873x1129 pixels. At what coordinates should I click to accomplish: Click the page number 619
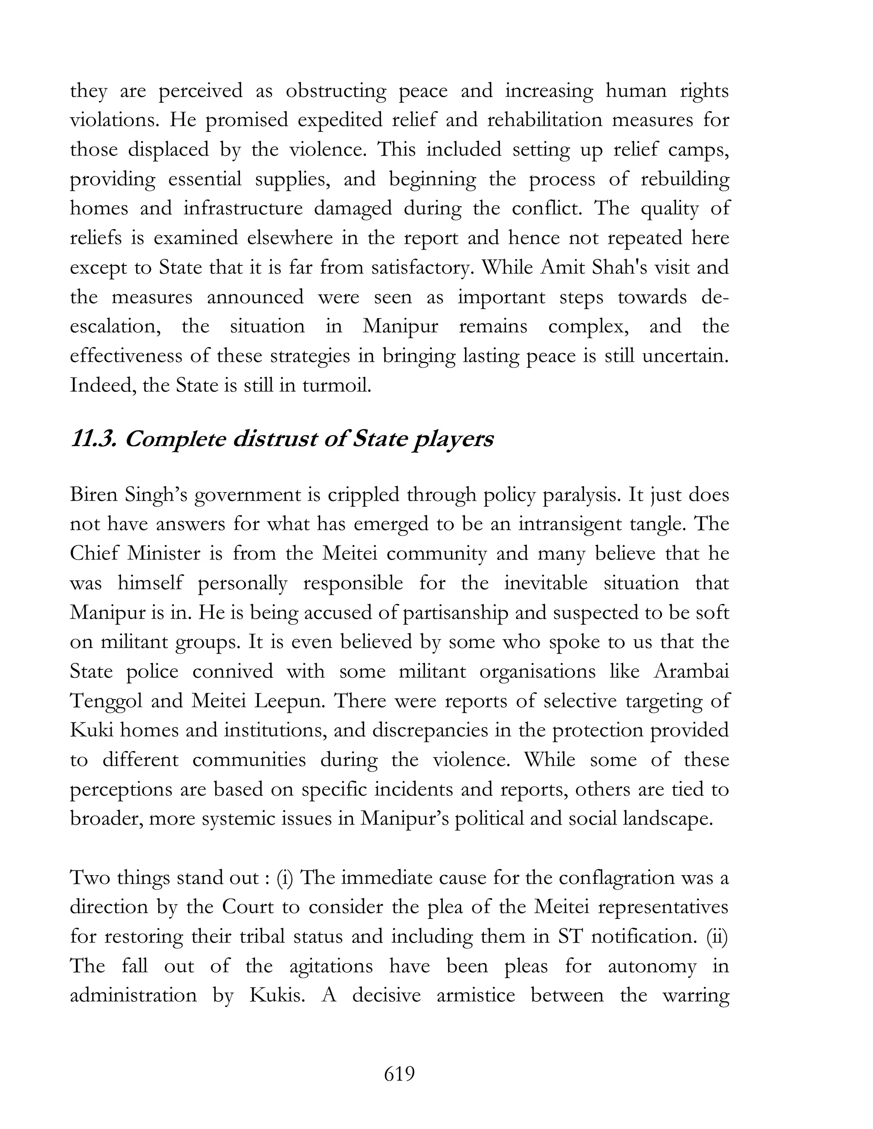(399, 1074)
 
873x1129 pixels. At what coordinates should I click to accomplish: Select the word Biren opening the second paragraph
(94, 495)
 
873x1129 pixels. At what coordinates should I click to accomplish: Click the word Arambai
(691, 671)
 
